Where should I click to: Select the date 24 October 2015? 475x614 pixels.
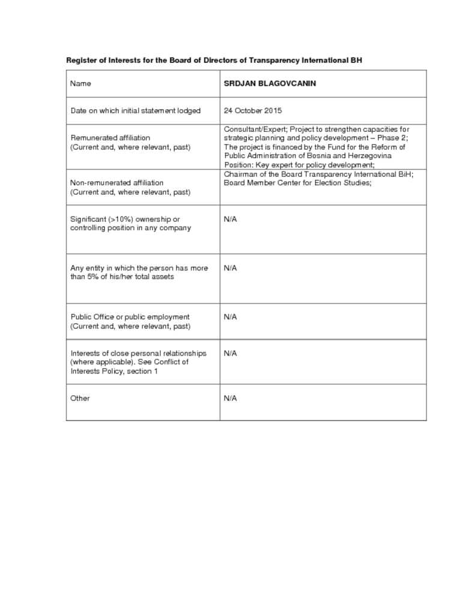tap(252, 111)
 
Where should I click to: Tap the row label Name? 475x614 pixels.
tap(80, 83)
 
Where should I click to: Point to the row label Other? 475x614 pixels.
tap(80, 398)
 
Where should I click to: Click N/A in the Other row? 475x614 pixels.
tap(230, 398)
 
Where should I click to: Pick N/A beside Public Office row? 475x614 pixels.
tap(230, 317)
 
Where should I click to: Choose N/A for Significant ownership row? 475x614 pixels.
tap(230, 219)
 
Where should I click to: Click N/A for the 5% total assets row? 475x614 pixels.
tap(230, 268)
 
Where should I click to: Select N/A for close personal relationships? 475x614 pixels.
tap(230, 353)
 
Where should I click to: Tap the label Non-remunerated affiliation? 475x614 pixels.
tap(116, 182)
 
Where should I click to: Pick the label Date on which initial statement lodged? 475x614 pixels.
tap(135, 111)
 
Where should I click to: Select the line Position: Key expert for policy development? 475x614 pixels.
tap(299, 165)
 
